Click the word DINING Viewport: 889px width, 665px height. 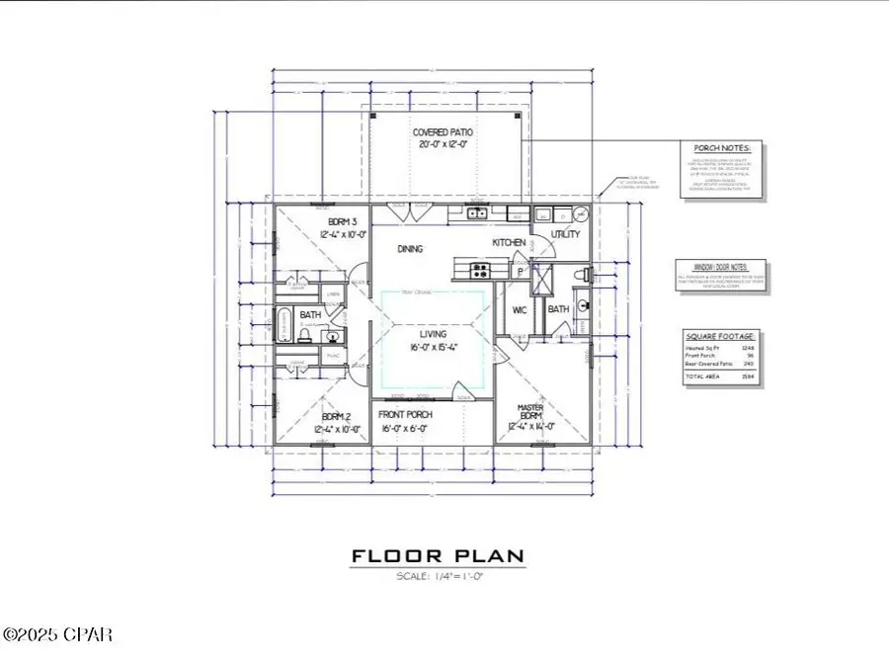[x=410, y=249]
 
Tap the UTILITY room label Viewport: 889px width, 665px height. [x=566, y=234]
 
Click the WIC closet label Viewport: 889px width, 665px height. [x=519, y=310]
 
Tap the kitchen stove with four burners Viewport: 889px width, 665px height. [x=478, y=269]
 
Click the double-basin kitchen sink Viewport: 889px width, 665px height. [x=476, y=213]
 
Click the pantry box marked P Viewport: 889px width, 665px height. [x=521, y=272]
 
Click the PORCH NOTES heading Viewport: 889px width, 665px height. [x=723, y=149]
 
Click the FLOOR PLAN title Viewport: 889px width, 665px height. [x=438, y=558]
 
